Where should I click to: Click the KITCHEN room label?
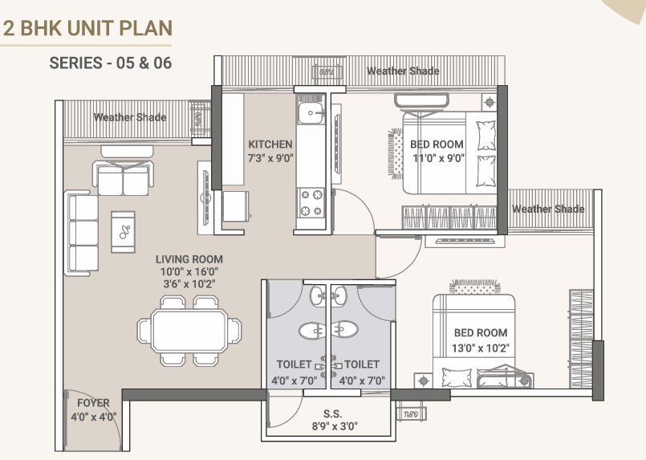270,145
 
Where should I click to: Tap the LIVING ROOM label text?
189,259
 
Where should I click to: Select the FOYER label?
94,403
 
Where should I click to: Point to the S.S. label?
332,413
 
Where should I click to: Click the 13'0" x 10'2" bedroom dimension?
481,348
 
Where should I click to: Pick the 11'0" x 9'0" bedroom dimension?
439,158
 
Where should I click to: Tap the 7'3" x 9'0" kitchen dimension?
270,158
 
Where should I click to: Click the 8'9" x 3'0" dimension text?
335,426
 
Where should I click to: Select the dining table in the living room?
189,331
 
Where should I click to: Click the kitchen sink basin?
311,113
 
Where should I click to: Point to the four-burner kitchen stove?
311,202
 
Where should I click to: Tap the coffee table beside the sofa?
123,232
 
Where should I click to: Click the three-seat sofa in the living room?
82,233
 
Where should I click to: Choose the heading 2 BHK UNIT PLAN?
87,28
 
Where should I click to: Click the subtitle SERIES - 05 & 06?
111,63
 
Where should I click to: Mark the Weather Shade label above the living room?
130,117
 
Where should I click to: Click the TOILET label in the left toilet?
294,364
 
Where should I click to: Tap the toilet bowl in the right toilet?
345,330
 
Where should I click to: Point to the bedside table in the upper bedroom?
489,102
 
